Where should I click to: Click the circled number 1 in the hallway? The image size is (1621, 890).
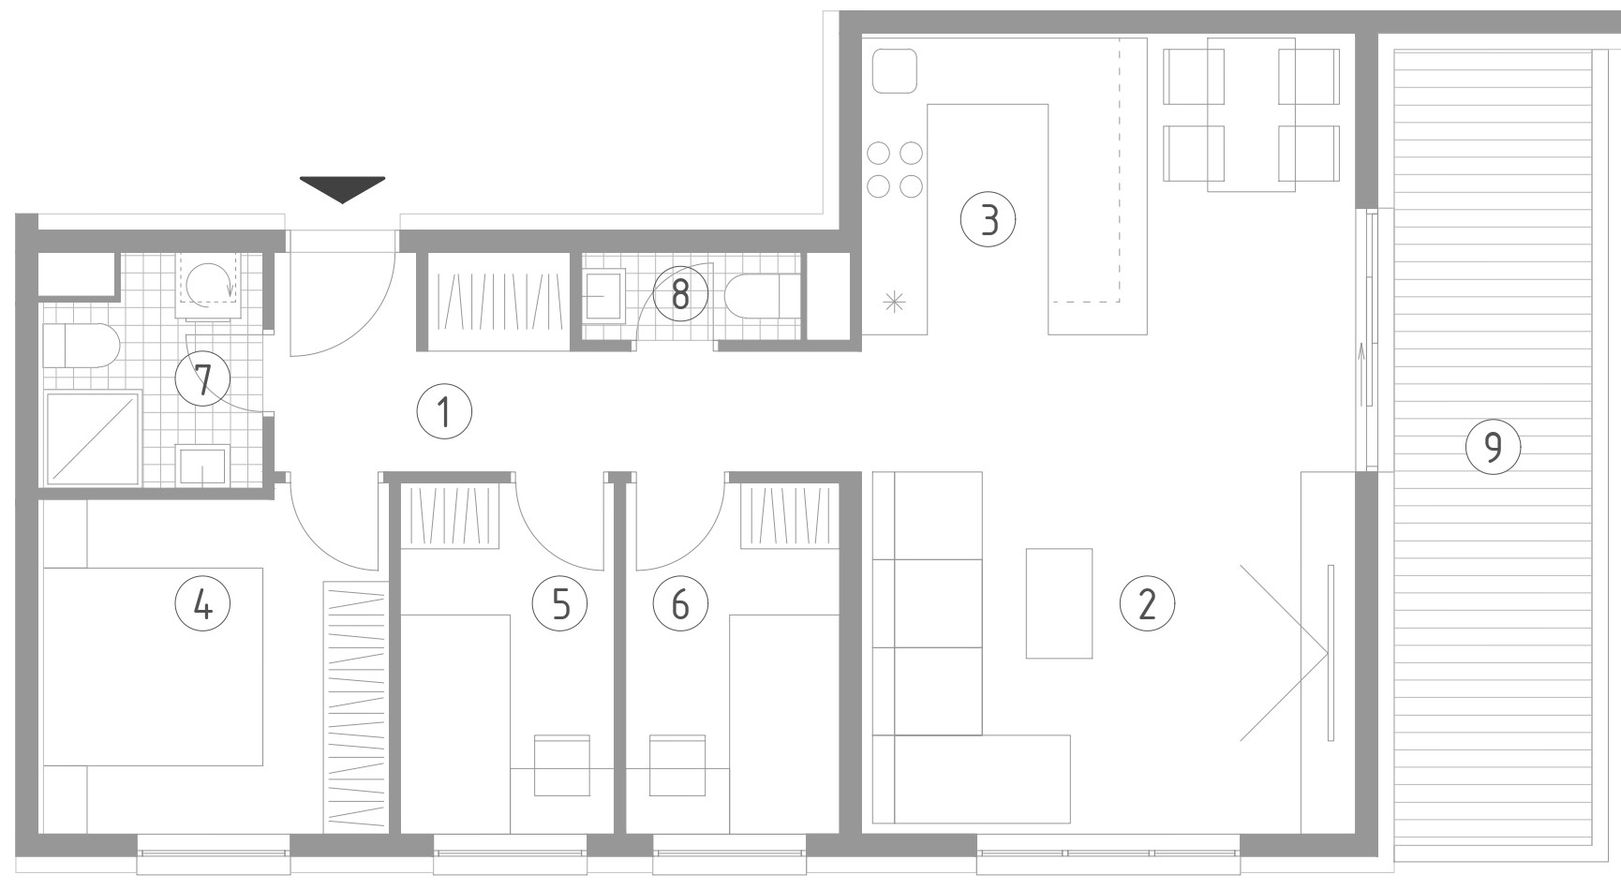[444, 410]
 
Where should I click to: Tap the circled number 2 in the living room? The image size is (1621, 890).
[1147, 604]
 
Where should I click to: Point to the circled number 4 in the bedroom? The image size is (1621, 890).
[202, 604]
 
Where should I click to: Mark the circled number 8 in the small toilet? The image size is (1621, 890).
[680, 294]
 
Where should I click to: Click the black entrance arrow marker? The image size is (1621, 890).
[342, 189]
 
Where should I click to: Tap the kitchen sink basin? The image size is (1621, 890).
[895, 71]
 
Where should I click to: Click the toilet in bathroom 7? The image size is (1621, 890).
[81, 346]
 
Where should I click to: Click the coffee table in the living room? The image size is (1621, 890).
[1059, 603]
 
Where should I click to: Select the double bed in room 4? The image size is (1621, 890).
[152, 666]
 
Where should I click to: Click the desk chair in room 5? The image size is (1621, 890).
[562, 765]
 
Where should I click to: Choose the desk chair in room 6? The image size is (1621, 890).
[678, 765]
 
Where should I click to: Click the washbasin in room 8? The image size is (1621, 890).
[605, 295]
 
